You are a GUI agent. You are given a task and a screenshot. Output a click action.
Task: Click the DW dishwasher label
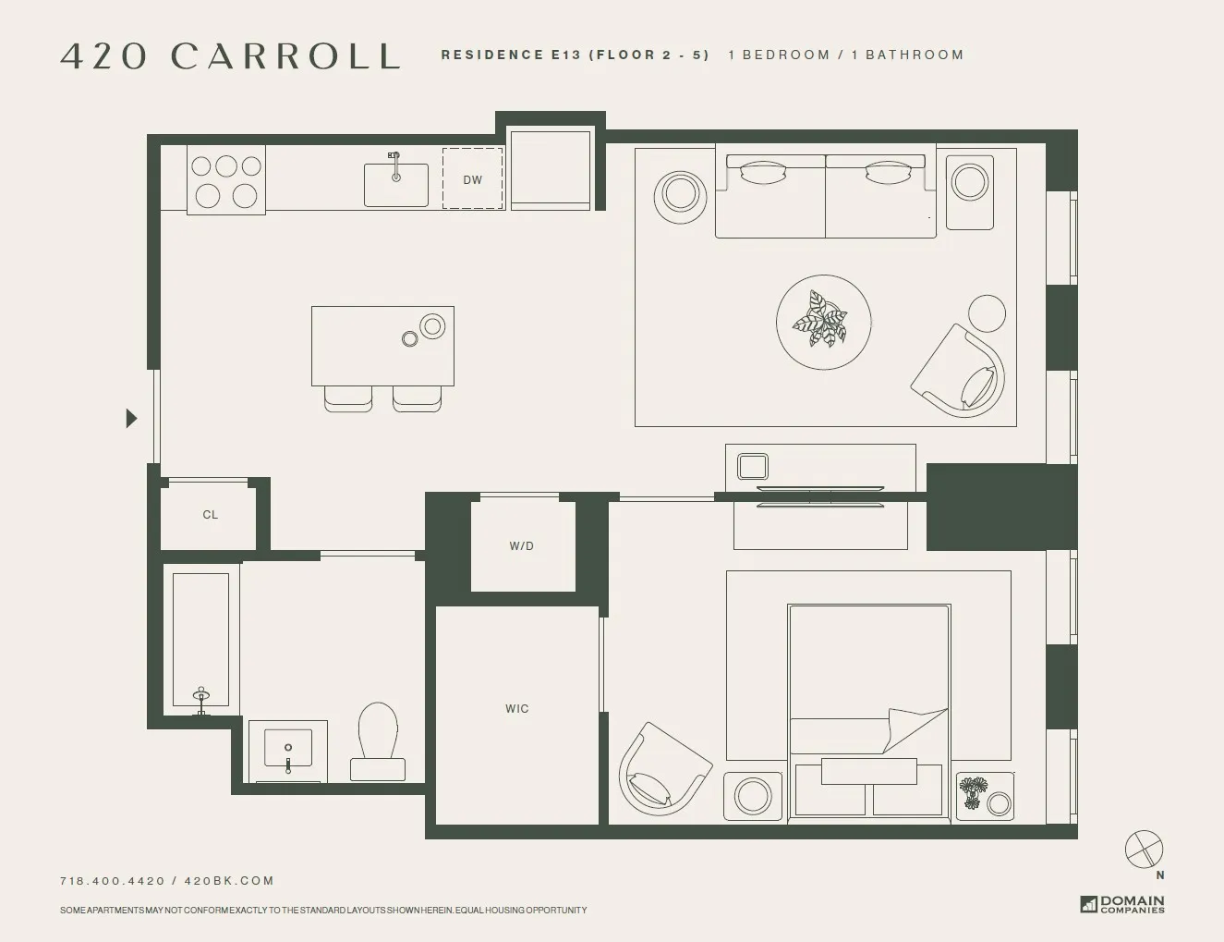point(472,179)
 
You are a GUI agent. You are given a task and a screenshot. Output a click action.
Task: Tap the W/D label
point(521,545)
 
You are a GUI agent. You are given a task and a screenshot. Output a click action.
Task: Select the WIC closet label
point(516,709)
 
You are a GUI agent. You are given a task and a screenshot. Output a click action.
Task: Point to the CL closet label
point(210,515)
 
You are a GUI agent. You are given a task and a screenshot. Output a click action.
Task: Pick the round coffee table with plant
point(823,322)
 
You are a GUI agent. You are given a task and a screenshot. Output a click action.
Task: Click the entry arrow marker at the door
point(131,419)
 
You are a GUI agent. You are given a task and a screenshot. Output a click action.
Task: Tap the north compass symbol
point(1144,850)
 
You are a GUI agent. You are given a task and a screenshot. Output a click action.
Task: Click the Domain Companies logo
point(1122,903)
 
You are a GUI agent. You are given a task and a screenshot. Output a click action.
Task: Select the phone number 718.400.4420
point(112,881)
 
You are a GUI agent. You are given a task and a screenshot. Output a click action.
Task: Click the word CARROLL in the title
point(285,56)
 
